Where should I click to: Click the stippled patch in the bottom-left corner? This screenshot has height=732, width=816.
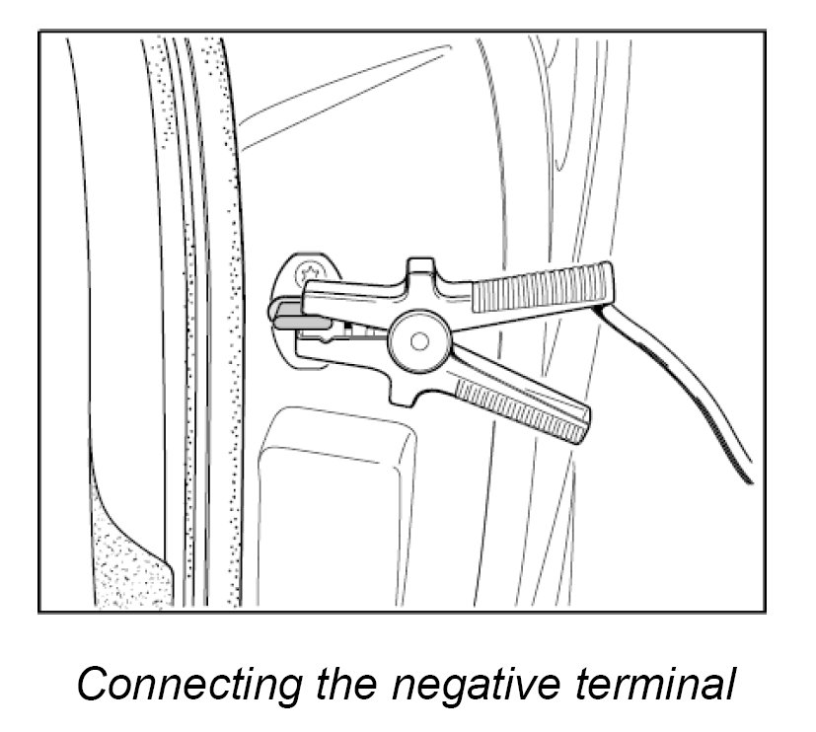(x=123, y=552)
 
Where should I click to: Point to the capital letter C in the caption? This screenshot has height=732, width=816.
(x=93, y=685)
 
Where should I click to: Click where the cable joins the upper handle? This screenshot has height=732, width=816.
(x=600, y=304)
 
